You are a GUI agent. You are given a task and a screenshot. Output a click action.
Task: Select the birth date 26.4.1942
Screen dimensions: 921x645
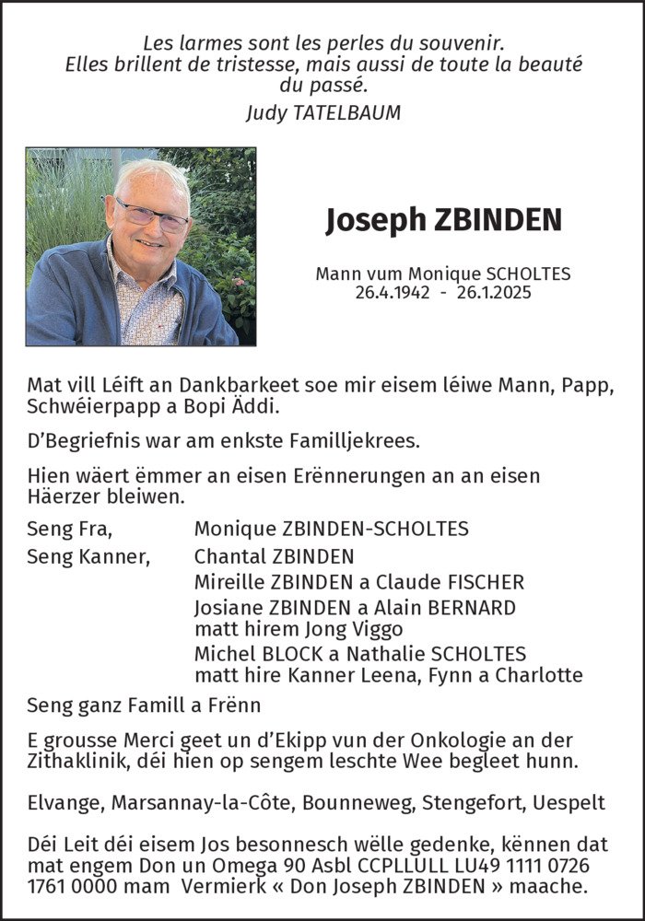pyautogui.click(x=393, y=292)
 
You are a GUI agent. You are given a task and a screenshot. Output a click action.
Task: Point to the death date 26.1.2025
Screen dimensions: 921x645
pyautogui.click(x=493, y=292)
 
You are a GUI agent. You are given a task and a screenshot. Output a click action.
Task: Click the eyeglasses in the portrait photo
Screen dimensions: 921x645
pyautogui.click(x=151, y=216)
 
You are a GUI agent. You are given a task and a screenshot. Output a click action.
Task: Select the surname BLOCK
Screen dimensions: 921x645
pyautogui.click(x=280, y=654)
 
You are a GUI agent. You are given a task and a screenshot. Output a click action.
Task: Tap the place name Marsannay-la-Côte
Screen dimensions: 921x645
pyautogui.click(x=202, y=803)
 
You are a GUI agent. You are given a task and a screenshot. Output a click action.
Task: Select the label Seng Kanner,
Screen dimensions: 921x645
pyautogui.click(x=88, y=556)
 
